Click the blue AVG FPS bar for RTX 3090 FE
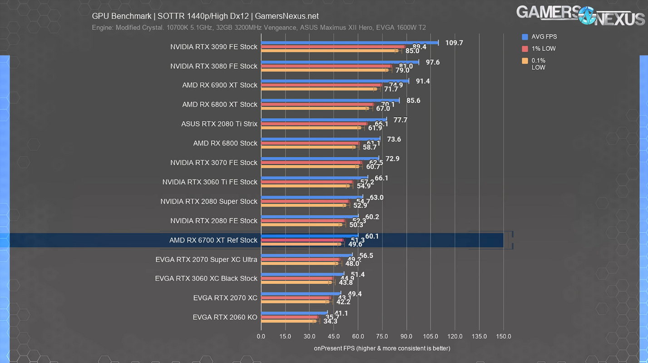pos(350,43)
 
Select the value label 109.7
pos(454,43)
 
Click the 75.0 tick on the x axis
pos(382,337)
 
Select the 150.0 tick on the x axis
pos(503,337)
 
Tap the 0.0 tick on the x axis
pos(261,337)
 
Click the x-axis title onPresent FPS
pos(382,348)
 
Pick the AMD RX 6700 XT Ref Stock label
pos(213,240)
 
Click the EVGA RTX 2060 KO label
pos(225,318)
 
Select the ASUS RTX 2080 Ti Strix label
pos(219,124)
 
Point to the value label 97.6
pos(432,62)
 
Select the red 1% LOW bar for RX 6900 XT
pos(321,85)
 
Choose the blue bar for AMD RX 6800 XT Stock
pos(330,100)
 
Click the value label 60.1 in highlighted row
pos(372,236)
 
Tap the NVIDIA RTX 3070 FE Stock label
pos(213,163)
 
